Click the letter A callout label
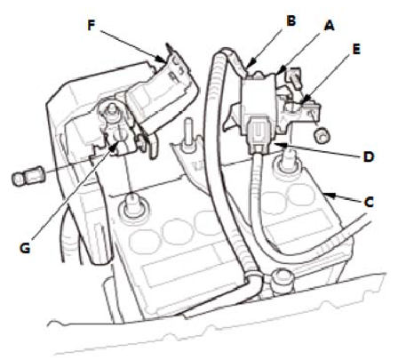coord(329,26)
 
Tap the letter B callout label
coord(291,20)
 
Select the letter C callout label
coord(369,203)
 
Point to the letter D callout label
coord(369,156)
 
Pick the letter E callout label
coord(356,49)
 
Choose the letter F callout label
coord(92,25)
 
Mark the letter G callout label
coord(25,248)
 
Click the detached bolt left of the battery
coord(28,178)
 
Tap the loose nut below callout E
coord(322,135)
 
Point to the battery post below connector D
coord(287,161)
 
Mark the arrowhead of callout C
coord(330,196)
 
